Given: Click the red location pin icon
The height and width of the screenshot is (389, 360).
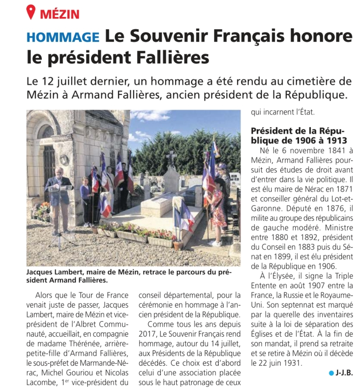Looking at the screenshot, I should tap(31, 12).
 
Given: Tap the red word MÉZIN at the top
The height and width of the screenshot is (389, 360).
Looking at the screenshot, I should tap(60, 14).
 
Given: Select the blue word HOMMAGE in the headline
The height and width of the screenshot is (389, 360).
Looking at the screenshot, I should tap(63, 37).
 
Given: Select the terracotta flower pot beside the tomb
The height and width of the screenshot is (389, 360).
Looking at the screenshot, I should tap(178, 245).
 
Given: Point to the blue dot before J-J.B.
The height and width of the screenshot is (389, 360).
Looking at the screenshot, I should tap(331, 373).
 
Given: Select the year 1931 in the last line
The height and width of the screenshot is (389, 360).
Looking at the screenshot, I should tap(291, 363).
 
